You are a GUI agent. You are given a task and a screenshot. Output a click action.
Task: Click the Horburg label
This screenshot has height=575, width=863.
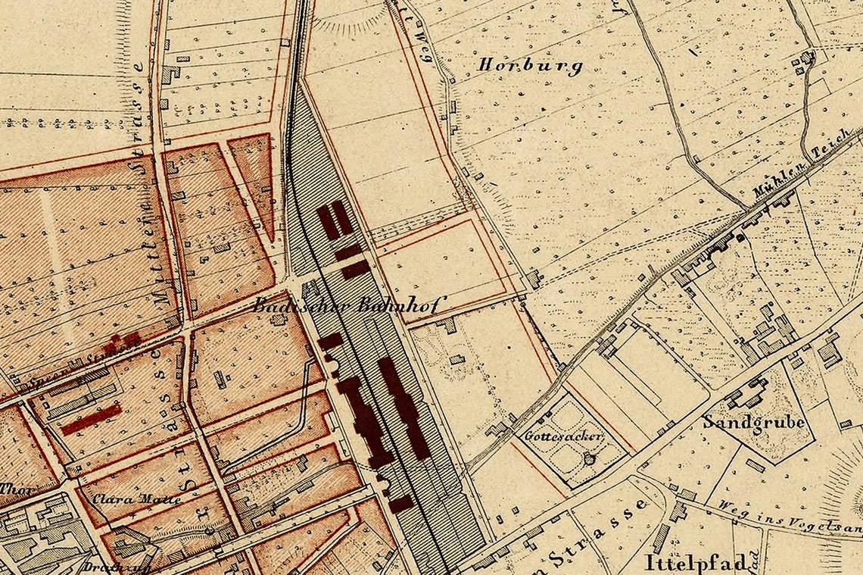point(530,66)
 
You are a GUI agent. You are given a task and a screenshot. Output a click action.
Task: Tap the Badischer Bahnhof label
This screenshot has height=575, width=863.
point(350,306)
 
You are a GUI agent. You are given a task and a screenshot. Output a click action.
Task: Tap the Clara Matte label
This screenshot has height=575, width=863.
point(137,499)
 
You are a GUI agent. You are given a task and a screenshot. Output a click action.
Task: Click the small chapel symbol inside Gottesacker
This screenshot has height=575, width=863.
point(590,458)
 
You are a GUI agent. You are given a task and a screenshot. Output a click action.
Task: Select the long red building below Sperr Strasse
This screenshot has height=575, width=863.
point(91,420)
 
